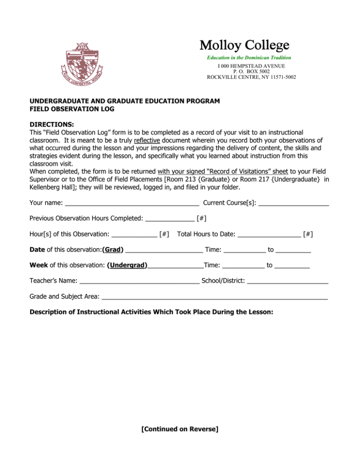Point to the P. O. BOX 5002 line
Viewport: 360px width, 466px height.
coord(245,71)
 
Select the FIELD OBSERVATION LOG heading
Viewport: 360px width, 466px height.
coord(72,109)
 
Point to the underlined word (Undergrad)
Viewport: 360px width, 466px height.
coord(127,265)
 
